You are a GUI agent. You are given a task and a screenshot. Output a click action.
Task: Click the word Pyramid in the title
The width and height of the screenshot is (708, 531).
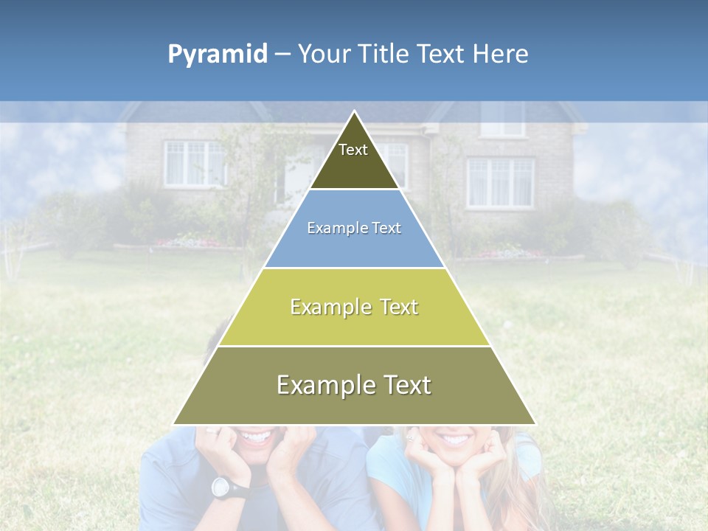(x=218, y=55)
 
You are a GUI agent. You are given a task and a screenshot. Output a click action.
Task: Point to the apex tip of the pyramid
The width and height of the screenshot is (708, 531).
(x=355, y=112)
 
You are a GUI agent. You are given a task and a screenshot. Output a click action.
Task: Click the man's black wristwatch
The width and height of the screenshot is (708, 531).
(x=221, y=486)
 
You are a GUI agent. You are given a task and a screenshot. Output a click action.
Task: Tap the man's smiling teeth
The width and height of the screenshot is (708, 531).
(x=256, y=437)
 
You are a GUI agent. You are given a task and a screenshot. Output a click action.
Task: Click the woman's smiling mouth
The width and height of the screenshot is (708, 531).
(x=455, y=440)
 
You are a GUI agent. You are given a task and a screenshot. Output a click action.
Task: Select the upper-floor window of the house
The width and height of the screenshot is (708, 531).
(x=502, y=119)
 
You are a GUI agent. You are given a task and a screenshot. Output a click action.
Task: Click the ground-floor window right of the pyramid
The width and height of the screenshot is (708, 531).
(x=500, y=182)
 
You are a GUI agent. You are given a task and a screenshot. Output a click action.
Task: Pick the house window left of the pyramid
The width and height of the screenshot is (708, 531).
(x=194, y=163)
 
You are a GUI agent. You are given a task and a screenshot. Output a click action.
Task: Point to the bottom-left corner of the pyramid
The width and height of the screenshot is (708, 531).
(x=174, y=424)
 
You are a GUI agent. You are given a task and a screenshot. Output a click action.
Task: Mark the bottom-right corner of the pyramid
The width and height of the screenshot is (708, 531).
(x=535, y=424)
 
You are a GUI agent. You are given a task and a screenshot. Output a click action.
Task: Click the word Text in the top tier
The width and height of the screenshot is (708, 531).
(x=353, y=150)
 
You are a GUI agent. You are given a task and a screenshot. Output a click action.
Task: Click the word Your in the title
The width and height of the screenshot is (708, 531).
(x=322, y=55)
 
